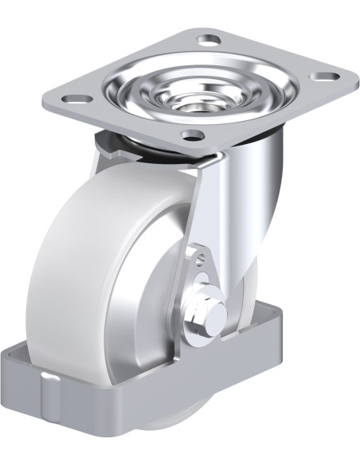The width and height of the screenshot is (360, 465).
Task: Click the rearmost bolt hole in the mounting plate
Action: [x=209, y=39]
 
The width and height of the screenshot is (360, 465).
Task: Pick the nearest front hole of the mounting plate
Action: [x=192, y=135]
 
